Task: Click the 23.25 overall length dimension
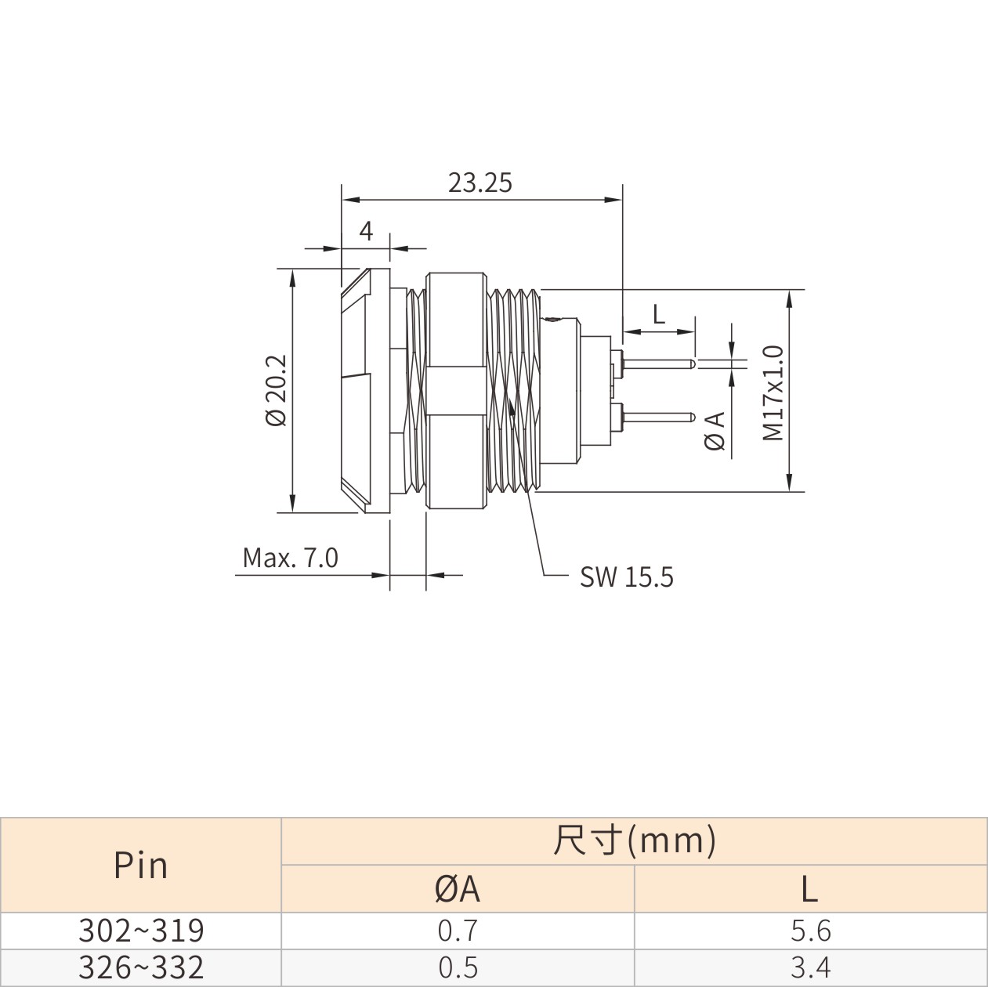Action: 480,183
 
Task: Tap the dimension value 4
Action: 366,231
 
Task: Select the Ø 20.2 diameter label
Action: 277,390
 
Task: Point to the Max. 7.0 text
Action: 290,558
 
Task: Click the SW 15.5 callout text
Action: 626,577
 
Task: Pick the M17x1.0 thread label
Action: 773,392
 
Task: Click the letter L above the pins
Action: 659,314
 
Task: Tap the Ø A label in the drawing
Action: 715,431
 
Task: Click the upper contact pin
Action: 658,363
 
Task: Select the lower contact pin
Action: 658,418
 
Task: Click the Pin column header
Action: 140,866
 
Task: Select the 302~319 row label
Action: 141,931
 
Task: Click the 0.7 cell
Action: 458,931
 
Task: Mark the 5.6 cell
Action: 811,931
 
